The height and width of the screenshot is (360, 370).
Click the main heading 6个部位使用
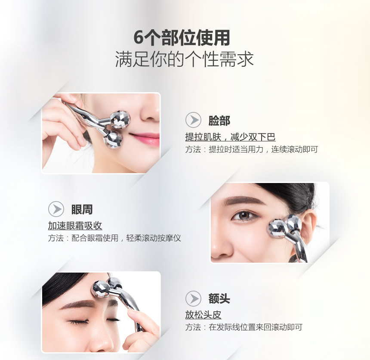point(182,38)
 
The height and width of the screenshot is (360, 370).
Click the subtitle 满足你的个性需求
point(184,59)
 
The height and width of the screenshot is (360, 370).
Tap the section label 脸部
point(219,121)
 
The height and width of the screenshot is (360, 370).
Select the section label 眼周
point(82,210)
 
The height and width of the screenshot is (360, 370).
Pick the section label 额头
point(219,298)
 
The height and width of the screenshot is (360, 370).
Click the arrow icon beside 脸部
point(193,120)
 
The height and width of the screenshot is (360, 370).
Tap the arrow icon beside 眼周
point(56,209)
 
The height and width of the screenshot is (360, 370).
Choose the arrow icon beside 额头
point(193,298)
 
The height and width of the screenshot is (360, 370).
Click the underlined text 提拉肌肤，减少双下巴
point(230,137)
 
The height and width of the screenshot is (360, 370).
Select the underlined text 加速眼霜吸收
point(75,226)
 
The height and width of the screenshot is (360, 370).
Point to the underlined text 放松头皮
point(203,315)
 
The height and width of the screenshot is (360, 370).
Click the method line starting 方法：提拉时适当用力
point(252,149)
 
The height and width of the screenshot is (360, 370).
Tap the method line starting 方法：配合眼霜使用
point(114,238)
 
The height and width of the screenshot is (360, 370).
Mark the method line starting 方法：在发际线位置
point(244,327)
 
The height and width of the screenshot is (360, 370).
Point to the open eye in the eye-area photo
point(244,216)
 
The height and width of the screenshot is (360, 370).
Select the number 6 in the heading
point(138,38)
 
